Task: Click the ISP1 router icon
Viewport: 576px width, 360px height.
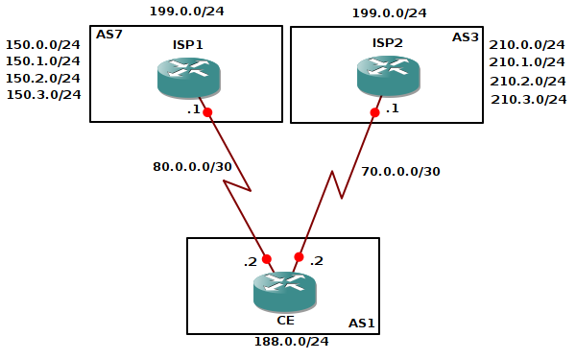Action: point(188,77)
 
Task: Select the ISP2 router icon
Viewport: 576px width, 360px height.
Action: point(388,77)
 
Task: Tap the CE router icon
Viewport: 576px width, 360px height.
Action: point(284,291)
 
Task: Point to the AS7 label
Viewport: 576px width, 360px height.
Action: point(108,35)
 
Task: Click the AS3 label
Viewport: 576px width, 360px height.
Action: point(466,36)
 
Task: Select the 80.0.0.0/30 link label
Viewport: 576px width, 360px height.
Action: point(192,166)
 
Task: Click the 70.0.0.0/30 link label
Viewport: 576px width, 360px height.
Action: point(400,172)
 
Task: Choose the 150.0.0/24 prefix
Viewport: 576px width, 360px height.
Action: point(43,44)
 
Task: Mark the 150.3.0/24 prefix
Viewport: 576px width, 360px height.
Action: point(44,94)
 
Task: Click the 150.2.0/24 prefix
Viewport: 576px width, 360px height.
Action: point(43,78)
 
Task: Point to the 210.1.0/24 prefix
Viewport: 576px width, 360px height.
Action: point(528,62)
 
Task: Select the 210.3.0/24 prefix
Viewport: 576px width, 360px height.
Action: point(529,99)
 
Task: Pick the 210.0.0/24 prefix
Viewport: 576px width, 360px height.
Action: point(528,44)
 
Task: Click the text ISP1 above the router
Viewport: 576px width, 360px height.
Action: point(188,43)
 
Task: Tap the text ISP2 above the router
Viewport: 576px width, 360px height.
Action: point(388,43)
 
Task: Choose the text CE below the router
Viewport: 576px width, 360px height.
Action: point(284,321)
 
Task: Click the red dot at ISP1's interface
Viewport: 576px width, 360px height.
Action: point(206,112)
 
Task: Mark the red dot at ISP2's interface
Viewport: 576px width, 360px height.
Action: point(374,112)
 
